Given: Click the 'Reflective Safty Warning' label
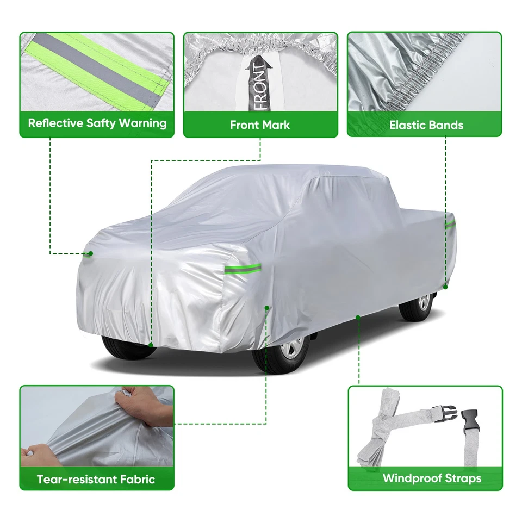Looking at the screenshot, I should point(97,122).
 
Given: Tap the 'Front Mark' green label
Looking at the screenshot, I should point(260,125).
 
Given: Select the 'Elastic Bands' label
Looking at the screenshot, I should point(426,125).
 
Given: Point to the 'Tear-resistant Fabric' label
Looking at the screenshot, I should point(96,479).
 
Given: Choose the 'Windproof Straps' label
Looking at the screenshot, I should point(432,478).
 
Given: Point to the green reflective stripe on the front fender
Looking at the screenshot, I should point(241,269).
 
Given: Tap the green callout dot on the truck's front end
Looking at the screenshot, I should point(91,253).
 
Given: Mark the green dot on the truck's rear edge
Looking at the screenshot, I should point(445,287).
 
